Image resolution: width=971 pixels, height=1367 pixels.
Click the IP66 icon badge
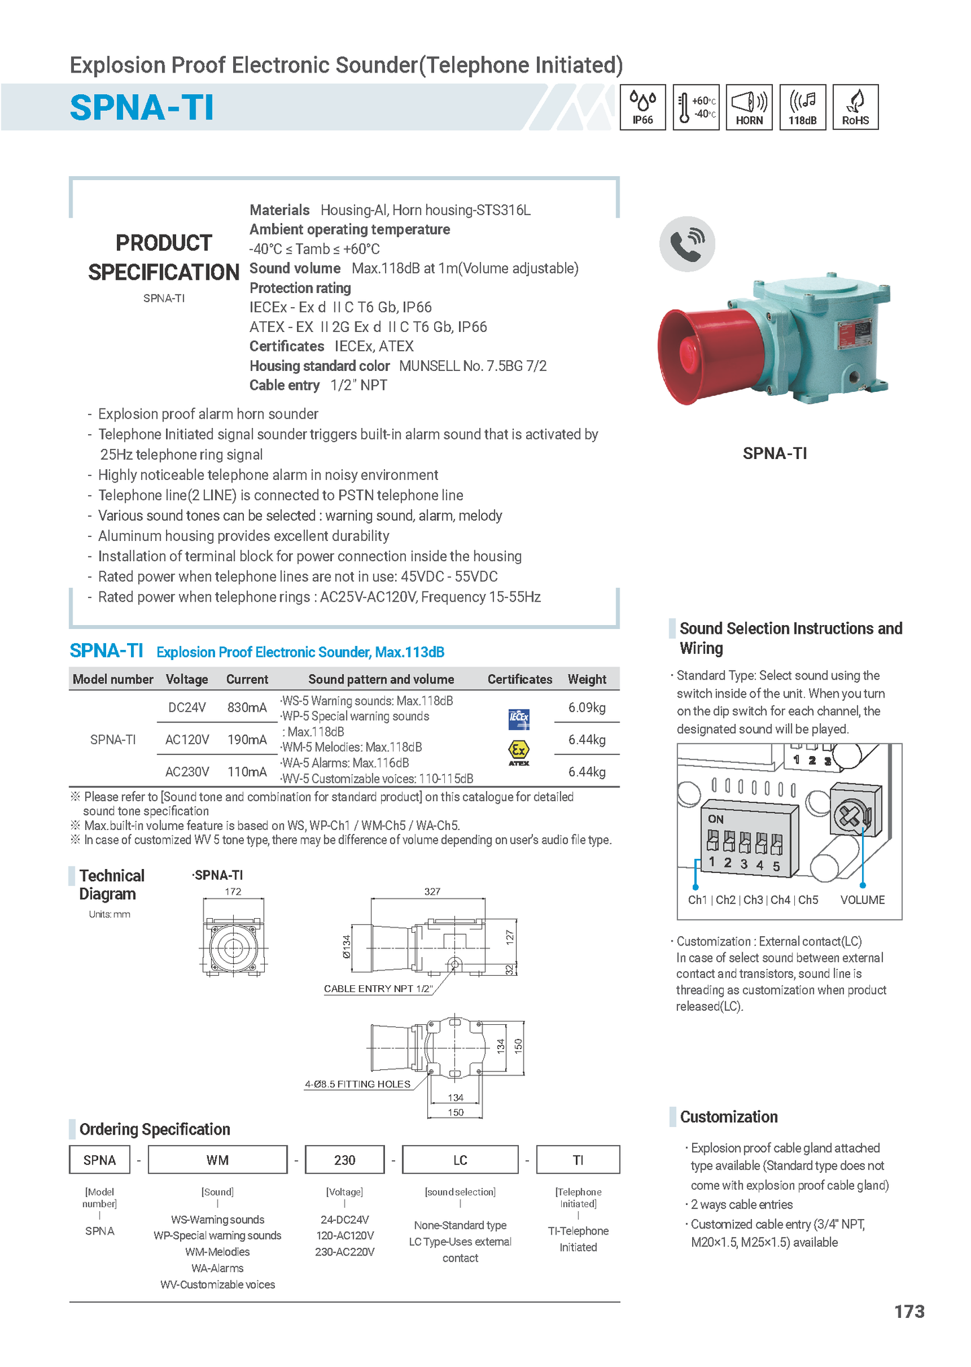(642, 107)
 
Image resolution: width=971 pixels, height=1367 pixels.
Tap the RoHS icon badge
(855, 107)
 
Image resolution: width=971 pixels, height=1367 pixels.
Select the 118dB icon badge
(802, 107)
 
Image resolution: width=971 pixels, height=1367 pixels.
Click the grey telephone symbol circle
(687, 244)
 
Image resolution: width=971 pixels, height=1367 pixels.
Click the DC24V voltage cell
(187, 707)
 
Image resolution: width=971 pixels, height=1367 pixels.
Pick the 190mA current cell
(247, 739)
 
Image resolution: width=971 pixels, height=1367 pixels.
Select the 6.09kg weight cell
(587, 707)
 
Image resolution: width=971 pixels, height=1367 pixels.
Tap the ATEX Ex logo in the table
(519, 752)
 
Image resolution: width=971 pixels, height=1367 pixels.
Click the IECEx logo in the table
(519, 718)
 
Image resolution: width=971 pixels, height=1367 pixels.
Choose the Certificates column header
(519, 679)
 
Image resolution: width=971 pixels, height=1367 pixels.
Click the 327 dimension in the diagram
(432, 891)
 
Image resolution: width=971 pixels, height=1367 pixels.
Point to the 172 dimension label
(233, 891)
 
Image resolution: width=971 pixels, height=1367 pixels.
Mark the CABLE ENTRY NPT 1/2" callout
(378, 989)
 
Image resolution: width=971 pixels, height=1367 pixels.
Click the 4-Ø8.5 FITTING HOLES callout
(357, 1084)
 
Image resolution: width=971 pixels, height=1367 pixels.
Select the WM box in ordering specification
(218, 1160)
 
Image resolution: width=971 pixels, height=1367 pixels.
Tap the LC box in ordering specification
(460, 1160)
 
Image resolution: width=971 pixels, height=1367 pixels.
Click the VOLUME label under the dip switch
(862, 900)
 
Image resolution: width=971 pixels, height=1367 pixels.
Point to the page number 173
(909, 1311)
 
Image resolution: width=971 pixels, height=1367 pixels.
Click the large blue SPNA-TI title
(142, 108)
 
